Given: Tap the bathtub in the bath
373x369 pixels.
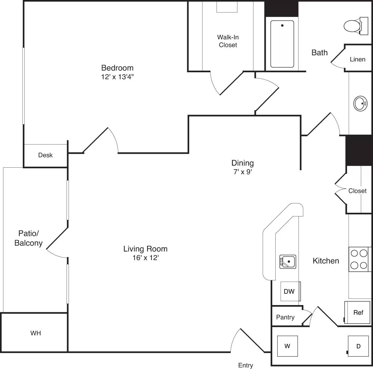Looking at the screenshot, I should [282, 44].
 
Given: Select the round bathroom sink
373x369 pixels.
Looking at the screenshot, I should [360, 103].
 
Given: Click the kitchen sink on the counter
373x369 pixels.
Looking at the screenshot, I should [288, 262].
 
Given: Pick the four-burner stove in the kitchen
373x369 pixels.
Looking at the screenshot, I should [359, 259].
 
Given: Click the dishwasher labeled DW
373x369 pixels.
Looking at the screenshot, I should [290, 291].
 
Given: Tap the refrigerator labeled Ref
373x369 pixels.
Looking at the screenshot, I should [358, 312].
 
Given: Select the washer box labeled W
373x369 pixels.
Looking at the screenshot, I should [287, 346].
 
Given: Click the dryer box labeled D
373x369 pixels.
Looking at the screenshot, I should [358, 346].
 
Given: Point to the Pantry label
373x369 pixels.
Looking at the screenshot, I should [285, 317].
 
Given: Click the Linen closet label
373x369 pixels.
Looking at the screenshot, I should [358, 59].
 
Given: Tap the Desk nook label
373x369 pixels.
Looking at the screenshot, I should [45, 155].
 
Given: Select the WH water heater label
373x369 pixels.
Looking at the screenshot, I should [36, 333].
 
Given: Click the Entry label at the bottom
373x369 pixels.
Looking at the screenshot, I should [246, 365].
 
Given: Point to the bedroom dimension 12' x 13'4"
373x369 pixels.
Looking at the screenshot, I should [117, 77].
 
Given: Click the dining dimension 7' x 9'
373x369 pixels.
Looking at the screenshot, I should [243, 172].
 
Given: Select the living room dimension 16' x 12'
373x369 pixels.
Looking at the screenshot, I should [145, 258].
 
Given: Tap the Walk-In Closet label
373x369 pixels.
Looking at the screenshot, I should [228, 41].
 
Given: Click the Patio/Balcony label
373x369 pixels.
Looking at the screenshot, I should [28, 238].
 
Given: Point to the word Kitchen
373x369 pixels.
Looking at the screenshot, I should [326, 261].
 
